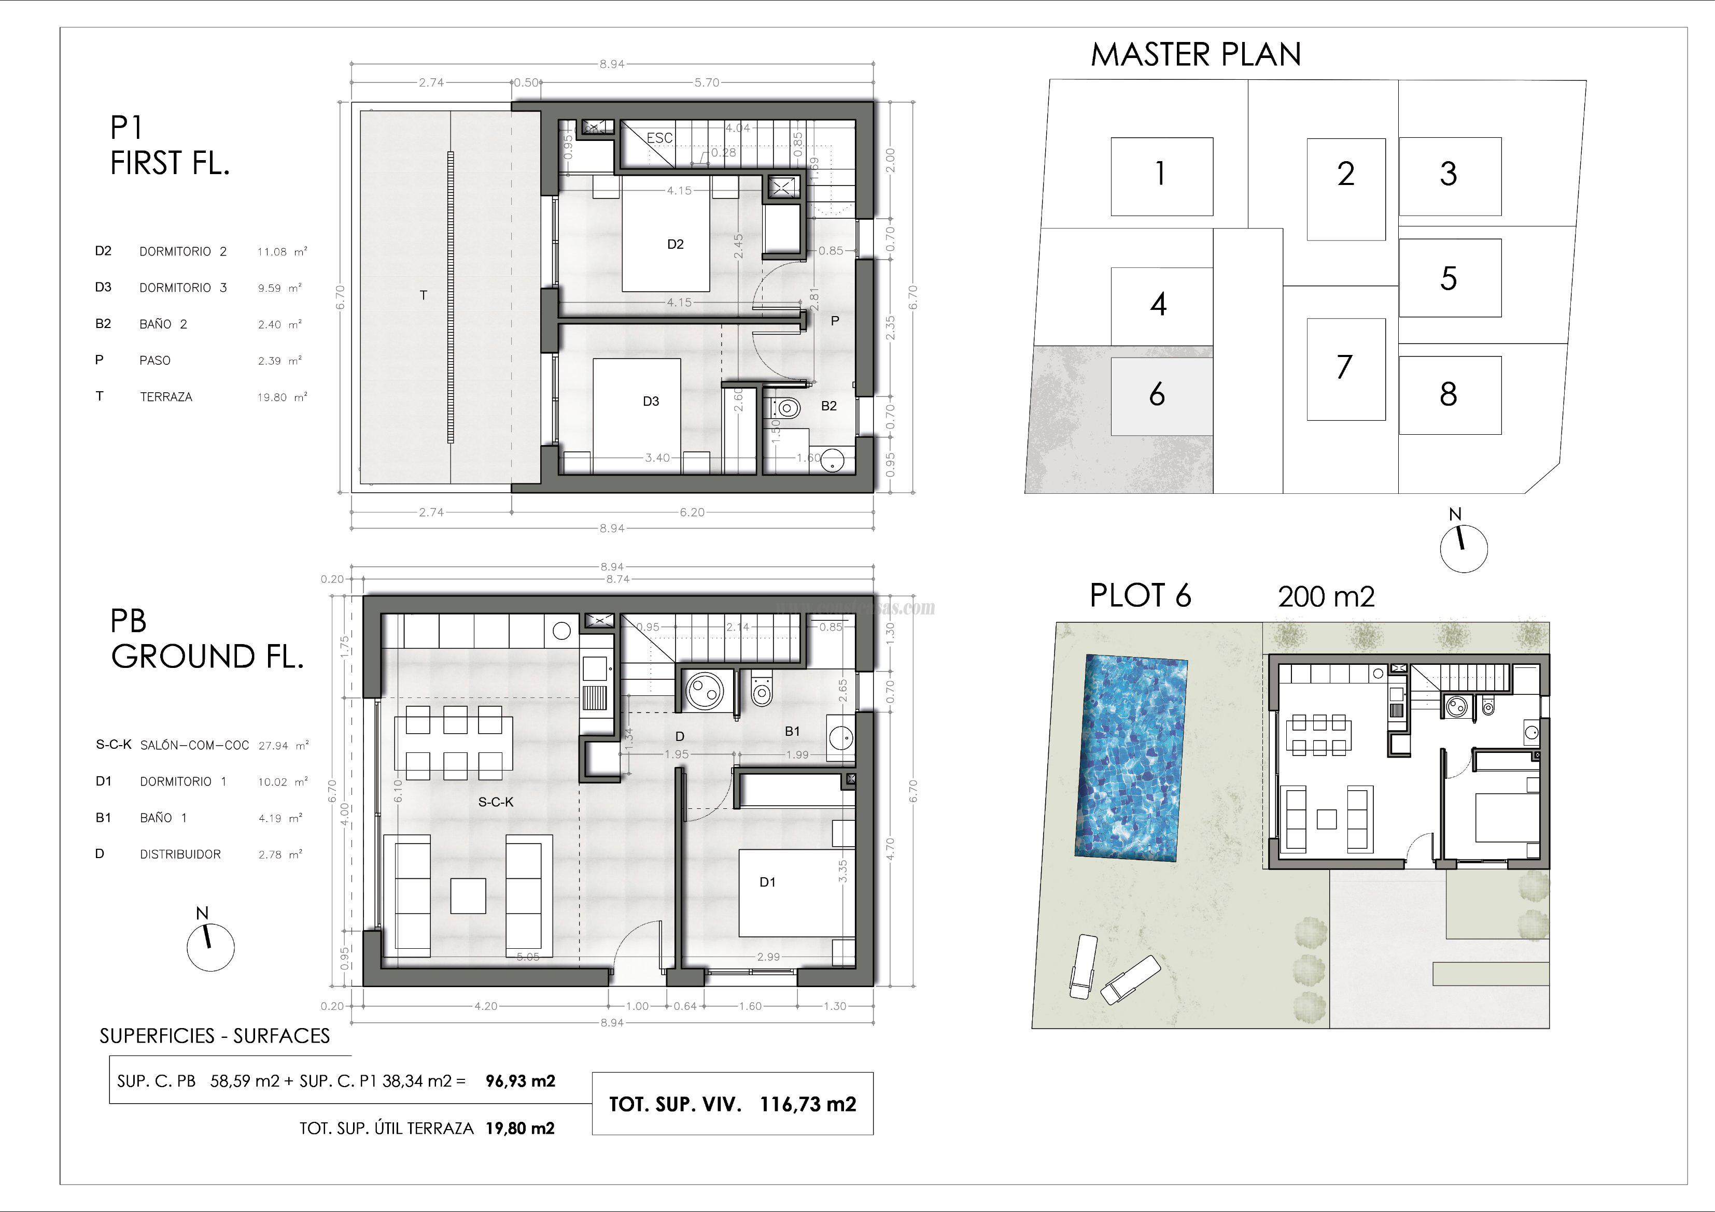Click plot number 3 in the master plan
tap(1449, 175)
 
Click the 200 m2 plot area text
tap(1326, 596)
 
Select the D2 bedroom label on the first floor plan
tap(675, 244)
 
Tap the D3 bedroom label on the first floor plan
tap(651, 402)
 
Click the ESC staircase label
tap(659, 138)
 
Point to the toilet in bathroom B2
tap(784, 408)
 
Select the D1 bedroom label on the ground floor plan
tap(767, 882)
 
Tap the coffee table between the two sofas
tap(468, 895)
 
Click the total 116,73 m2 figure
tap(807, 1104)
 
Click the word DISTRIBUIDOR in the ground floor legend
tap(180, 854)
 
